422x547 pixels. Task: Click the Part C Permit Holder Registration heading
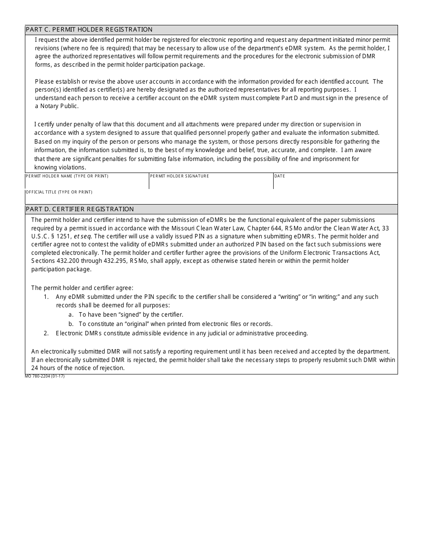[89, 30]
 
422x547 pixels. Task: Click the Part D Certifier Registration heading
[80, 209]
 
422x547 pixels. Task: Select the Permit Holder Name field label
[67, 176]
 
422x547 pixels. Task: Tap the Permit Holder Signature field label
[179, 176]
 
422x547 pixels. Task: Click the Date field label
[280, 176]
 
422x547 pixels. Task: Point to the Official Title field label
[59, 192]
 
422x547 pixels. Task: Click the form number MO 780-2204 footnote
[45, 376]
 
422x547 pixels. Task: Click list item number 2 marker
[46, 333]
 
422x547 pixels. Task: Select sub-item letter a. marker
[71, 314]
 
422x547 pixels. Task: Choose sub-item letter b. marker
[71, 324]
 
